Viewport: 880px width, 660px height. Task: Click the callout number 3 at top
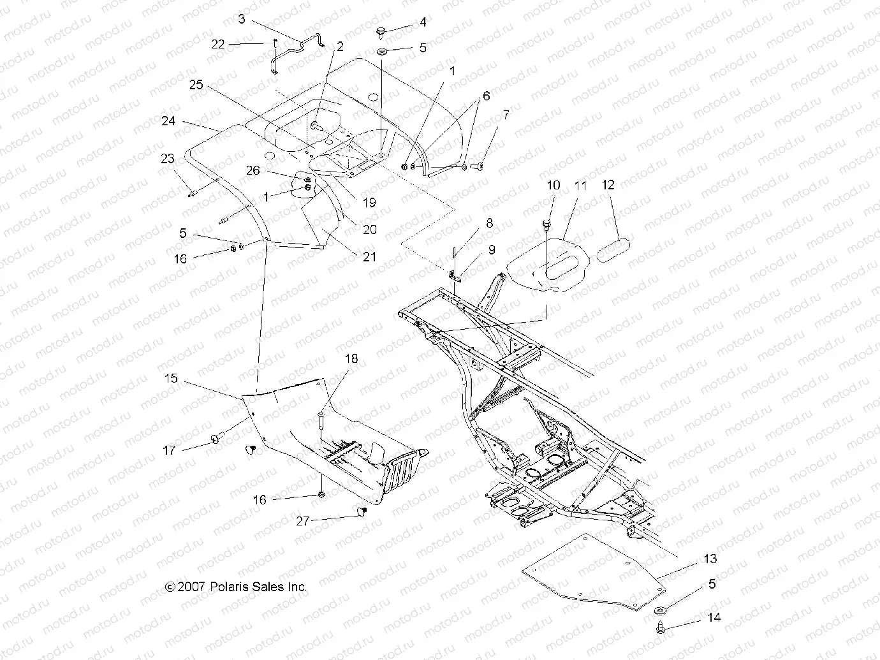point(242,19)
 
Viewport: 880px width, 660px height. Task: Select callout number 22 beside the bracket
point(218,44)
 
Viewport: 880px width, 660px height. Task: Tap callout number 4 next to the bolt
point(423,22)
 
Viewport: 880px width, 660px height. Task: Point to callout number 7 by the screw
point(506,115)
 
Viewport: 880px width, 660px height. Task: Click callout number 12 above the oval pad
point(608,185)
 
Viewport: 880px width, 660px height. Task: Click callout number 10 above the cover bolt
point(554,185)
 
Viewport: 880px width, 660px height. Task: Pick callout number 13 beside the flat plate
point(710,559)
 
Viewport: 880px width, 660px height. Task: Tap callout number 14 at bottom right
point(714,617)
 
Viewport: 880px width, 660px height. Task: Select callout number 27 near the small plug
point(302,521)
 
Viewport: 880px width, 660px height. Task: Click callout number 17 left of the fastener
point(169,450)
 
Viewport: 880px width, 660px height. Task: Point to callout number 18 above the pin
point(351,359)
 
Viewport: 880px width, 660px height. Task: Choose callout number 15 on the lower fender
point(171,379)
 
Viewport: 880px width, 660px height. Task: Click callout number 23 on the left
point(167,158)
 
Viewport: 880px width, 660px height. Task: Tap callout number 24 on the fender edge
point(168,120)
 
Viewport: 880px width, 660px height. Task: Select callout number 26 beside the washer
point(253,170)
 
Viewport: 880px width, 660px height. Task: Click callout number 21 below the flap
point(369,256)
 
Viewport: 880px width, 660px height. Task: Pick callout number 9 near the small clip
point(491,250)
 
